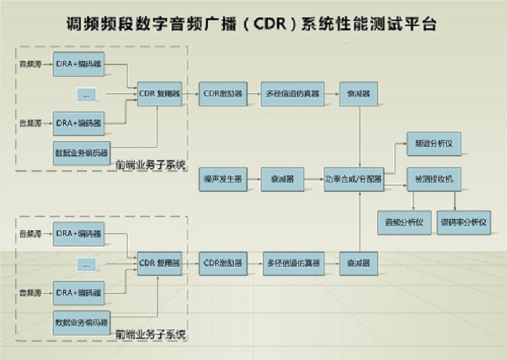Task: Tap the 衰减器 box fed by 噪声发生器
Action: click(282, 178)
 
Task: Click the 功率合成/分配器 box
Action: click(353, 178)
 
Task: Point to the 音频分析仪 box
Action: click(404, 222)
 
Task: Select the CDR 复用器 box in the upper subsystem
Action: click(158, 93)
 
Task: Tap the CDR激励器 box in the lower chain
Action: click(224, 263)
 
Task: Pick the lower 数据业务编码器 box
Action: click(81, 322)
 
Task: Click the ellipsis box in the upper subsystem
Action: click(87, 94)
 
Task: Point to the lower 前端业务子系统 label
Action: click(150, 335)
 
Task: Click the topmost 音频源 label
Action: click(30, 64)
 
